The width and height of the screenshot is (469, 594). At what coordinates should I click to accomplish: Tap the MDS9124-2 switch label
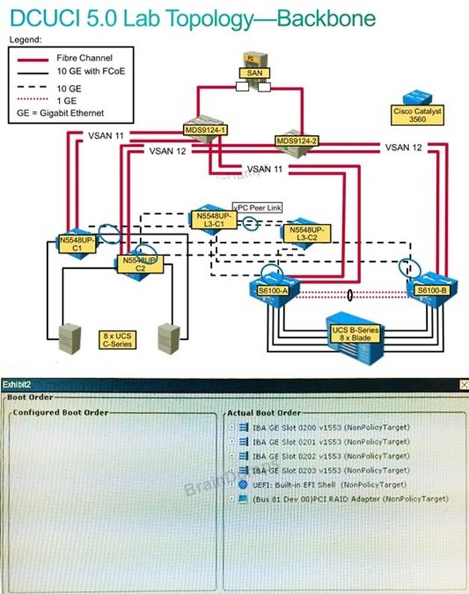pyautogui.click(x=297, y=140)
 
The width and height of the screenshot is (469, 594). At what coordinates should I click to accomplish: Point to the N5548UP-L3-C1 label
pyautogui.click(x=212, y=219)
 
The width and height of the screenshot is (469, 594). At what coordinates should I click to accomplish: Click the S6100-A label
pyautogui.click(x=269, y=289)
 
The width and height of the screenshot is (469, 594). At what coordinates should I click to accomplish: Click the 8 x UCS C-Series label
pyautogui.click(x=117, y=340)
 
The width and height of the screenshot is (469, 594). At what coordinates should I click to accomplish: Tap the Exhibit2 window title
pyautogui.click(x=16, y=384)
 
